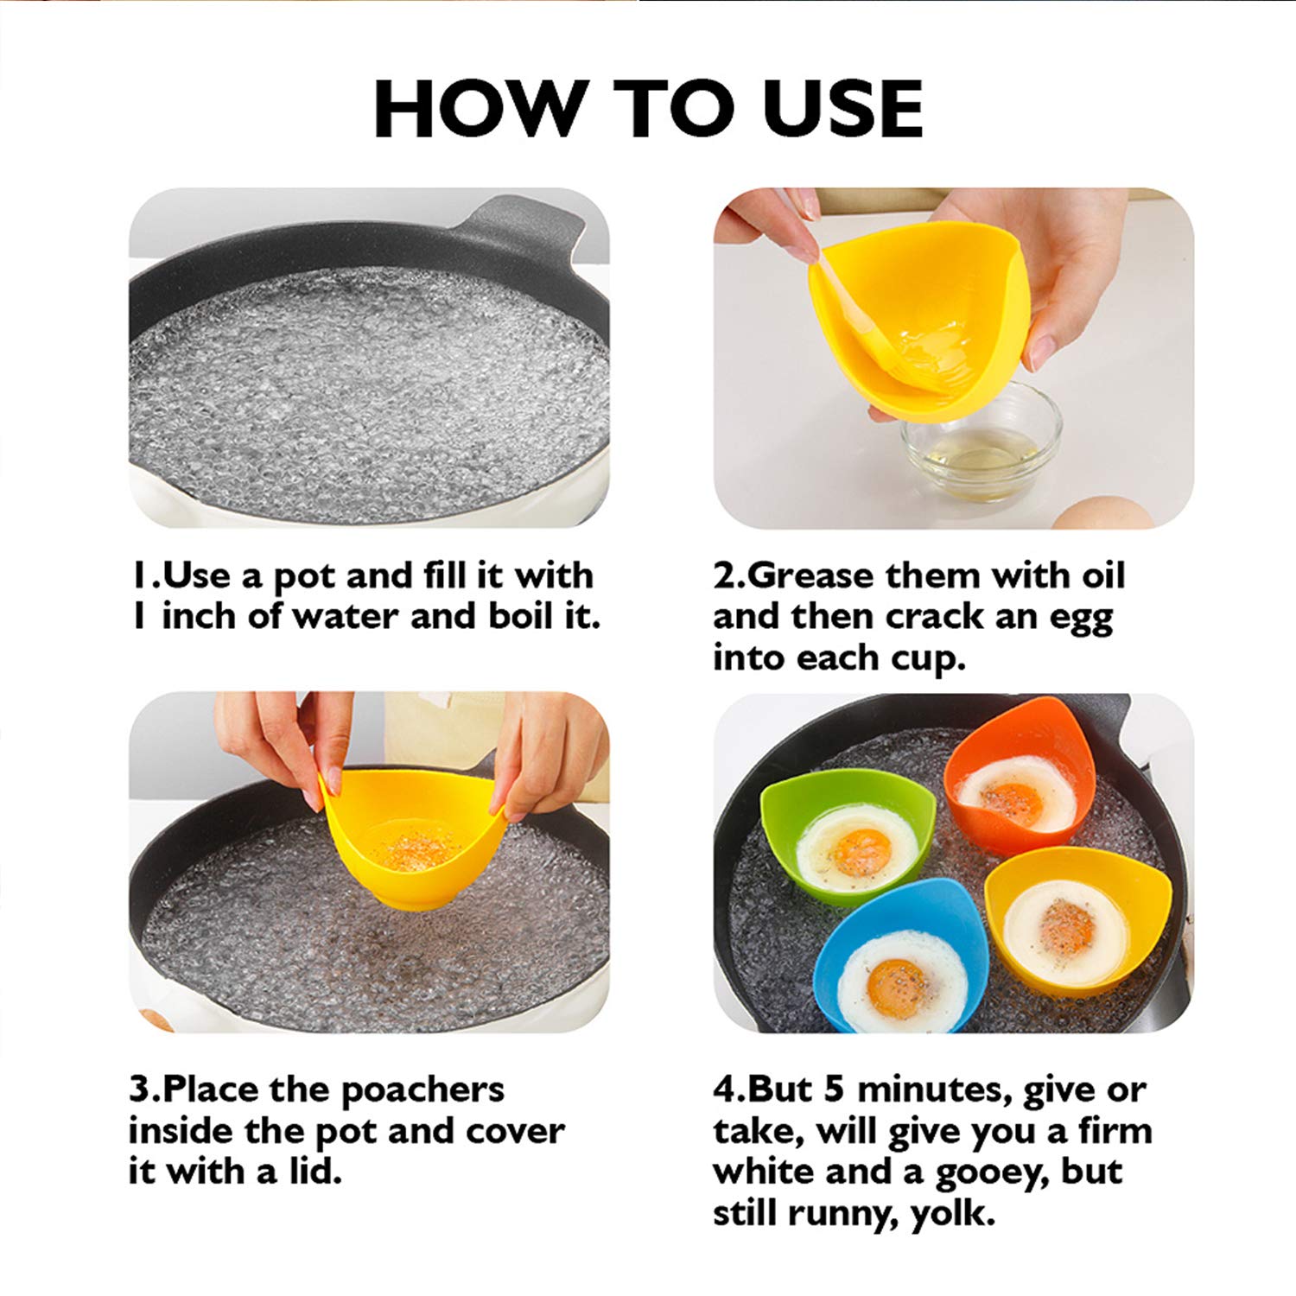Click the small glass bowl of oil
coord(983,449)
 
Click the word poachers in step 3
coord(422,1090)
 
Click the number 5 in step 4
coord(834,1090)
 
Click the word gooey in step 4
coord(999,1173)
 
